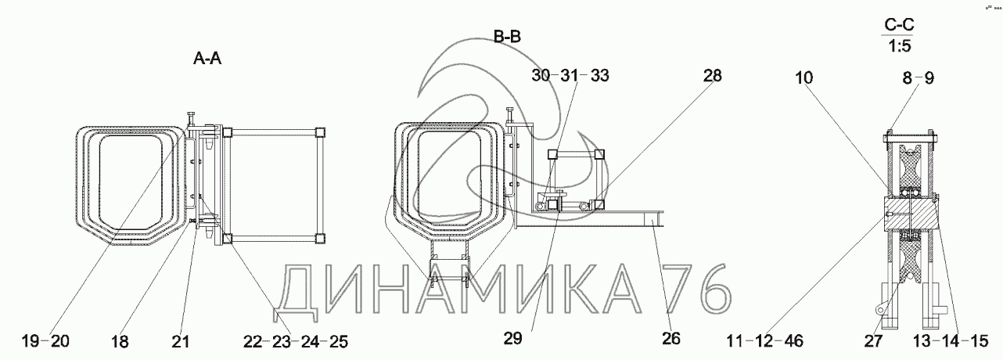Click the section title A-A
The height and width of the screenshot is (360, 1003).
(x=207, y=58)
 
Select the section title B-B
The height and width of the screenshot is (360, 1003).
(x=507, y=36)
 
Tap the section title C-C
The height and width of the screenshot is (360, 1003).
(x=899, y=25)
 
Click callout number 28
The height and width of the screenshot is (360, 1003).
(x=712, y=75)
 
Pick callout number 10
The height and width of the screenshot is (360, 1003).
(x=803, y=77)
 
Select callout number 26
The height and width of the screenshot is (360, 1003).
(x=670, y=338)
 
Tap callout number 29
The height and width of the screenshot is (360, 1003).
(x=512, y=338)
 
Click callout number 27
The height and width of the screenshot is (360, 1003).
(x=873, y=341)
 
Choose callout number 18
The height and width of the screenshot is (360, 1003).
(x=120, y=342)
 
